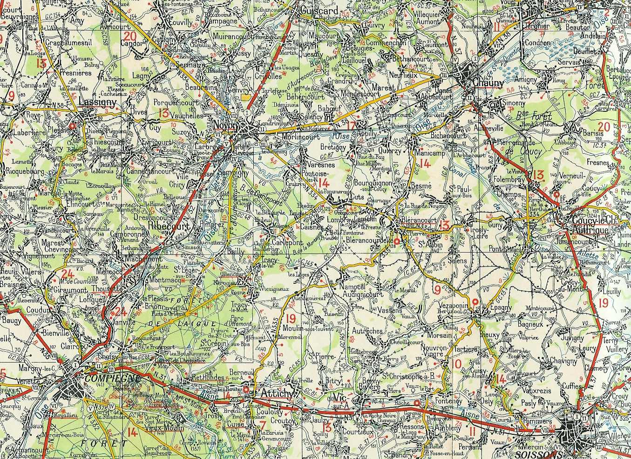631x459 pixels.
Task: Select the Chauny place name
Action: click(488, 83)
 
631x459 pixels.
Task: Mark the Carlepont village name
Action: click(287, 243)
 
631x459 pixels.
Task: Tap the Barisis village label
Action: click(593, 133)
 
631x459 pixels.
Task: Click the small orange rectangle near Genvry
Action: click(245, 97)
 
